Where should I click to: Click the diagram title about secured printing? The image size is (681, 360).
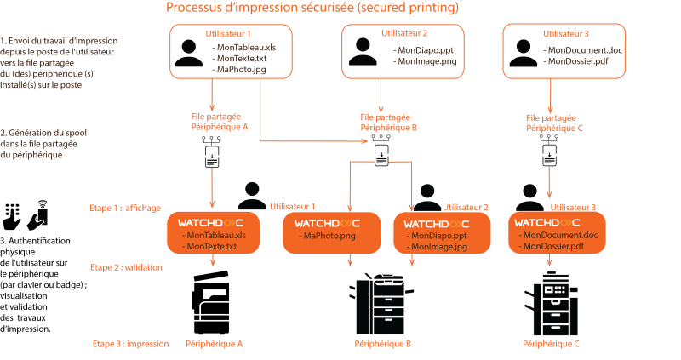(x=313, y=9)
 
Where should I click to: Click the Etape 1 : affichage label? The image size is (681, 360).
(x=125, y=208)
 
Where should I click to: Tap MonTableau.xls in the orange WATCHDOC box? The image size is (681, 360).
(x=219, y=235)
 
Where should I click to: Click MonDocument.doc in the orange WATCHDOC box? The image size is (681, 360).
(x=561, y=235)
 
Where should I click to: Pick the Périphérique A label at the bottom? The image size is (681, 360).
(x=215, y=344)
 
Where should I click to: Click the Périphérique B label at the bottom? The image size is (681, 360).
(x=383, y=344)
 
